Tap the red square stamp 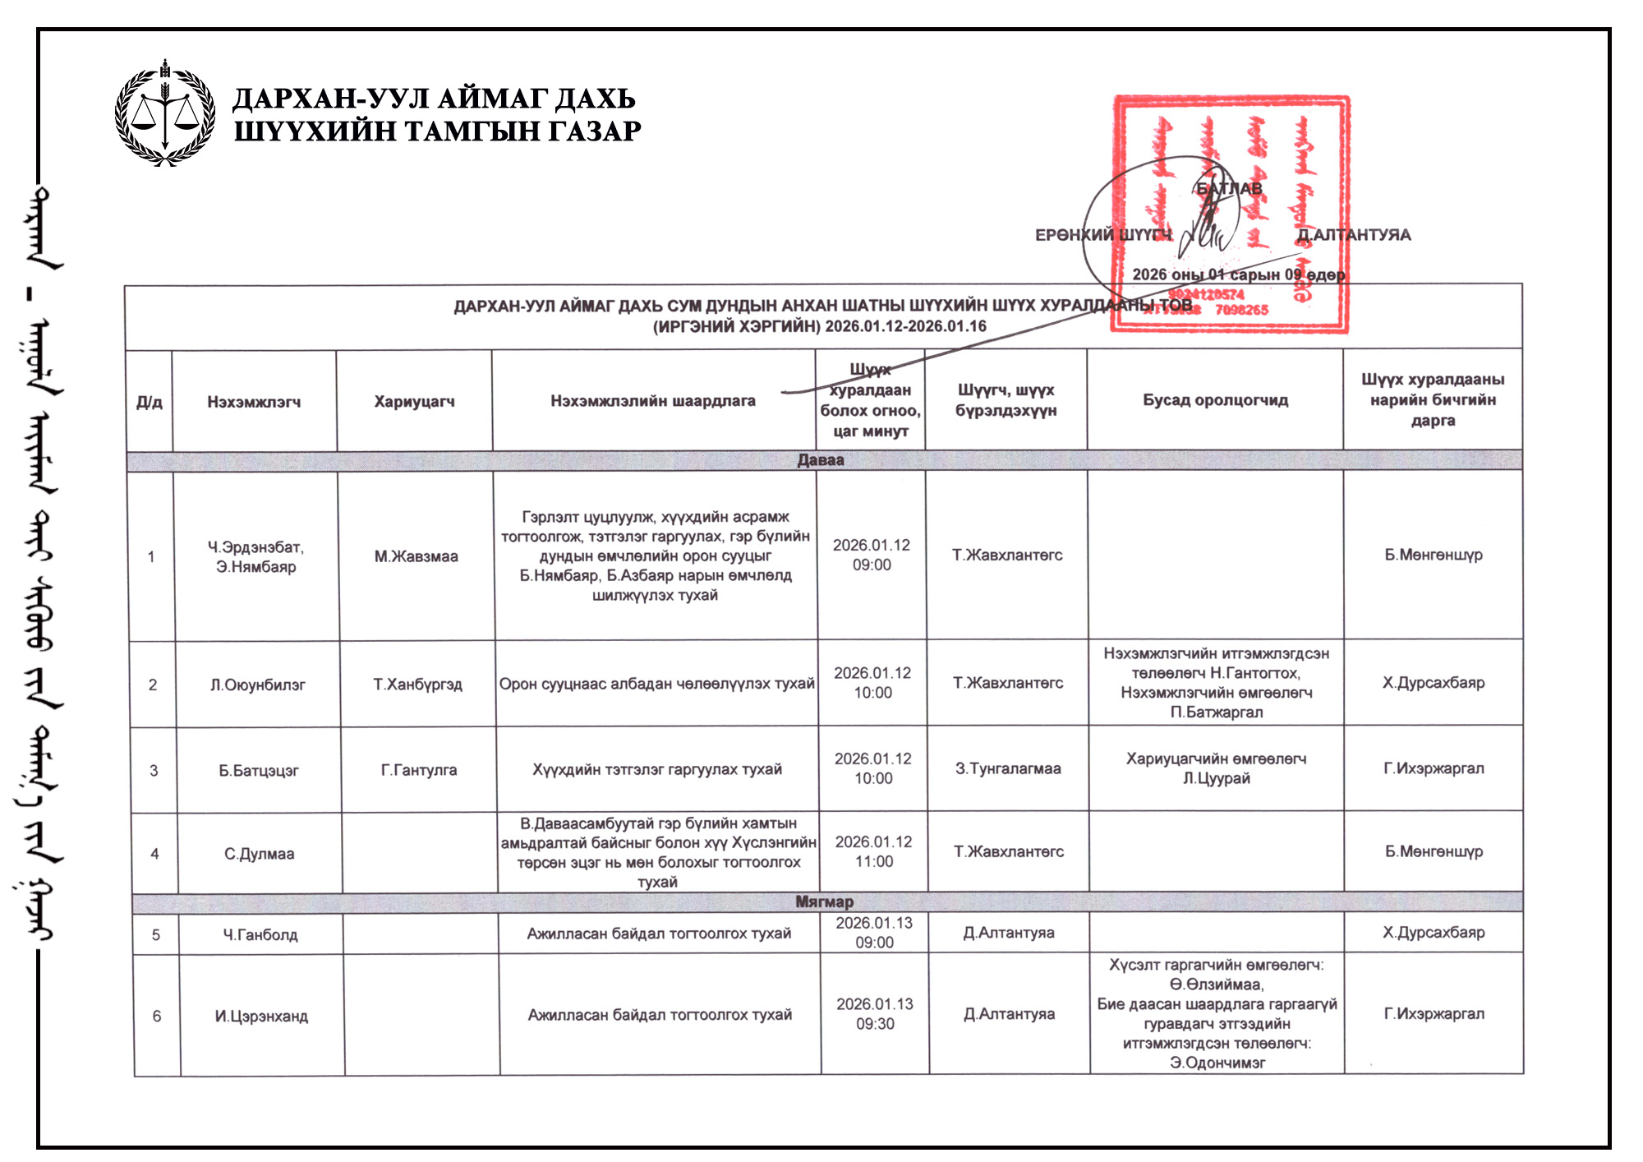pos(1230,214)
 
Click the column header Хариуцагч pos(414,401)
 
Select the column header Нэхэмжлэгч pos(254,402)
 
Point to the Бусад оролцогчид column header pos(1215,400)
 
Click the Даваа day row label pos(821,460)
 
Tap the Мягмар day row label pos(824,901)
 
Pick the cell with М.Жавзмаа pos(417,556)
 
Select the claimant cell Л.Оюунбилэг pos(257,685)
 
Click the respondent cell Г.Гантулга pos(419,770)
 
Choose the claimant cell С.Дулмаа pos(259,854)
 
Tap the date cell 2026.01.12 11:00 pos(873,851)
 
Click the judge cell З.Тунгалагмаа pos(1008,768)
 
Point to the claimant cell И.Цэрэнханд pos(261,1016)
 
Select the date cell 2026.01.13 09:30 pos(875,1014)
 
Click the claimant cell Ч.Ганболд pos(260,934)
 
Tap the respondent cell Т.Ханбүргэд pos(417,685)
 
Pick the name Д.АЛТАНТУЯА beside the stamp pos(1354,235)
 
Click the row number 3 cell pos(154,770)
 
